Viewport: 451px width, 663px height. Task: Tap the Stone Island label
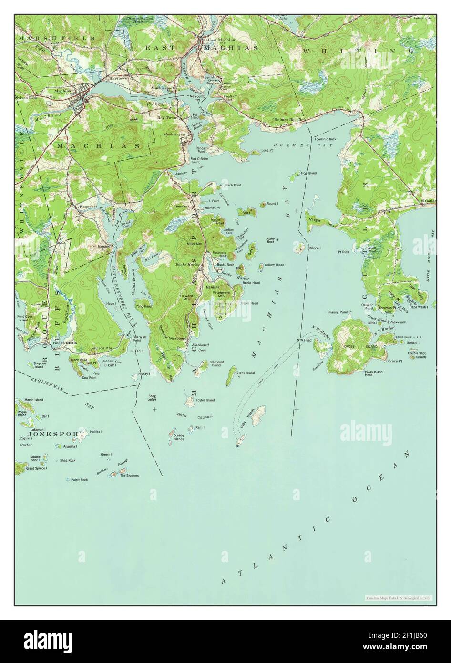[x=246, y=373]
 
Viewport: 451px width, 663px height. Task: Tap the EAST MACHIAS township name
[x=201, y=48]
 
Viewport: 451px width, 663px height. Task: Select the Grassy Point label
[x=337, y=312]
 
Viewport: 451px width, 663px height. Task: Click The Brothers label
[x=129, y=476]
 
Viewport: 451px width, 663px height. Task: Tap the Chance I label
[x=314, y=248]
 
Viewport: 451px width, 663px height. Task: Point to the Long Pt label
[x=267, y=151]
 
